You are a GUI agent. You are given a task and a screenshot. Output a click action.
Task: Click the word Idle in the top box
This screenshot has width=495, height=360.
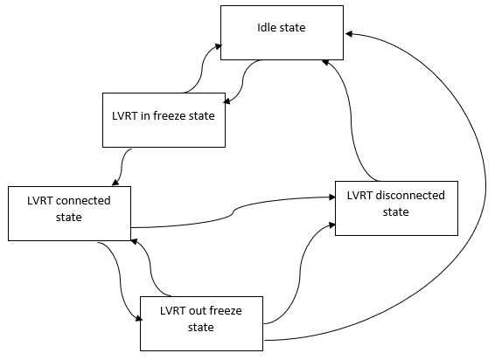click(268, 27)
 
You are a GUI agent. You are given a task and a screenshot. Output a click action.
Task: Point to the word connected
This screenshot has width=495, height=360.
click(84, 201)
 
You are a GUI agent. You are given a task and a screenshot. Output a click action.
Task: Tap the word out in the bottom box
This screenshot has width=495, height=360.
click(197, 311)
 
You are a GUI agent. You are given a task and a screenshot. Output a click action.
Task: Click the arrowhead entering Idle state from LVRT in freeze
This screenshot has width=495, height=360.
click(218, 46)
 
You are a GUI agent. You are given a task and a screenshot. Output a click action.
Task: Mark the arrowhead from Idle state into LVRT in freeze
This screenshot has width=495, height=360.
click(227, 101)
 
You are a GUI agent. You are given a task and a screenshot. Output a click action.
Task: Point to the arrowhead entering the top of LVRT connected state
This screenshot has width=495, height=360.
click(115, 182)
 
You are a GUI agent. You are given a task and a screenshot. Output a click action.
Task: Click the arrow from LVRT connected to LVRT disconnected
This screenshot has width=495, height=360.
click(233, 212)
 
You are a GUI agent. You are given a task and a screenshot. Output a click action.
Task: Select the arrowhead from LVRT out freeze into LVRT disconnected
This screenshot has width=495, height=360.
click(331, 225)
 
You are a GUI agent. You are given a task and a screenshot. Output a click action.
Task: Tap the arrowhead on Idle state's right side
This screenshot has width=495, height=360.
click(349, 34)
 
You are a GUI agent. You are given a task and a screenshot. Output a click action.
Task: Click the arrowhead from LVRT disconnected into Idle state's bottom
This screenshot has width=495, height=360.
click(326, 62)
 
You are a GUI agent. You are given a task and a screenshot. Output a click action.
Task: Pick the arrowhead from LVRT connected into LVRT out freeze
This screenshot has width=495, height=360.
click(138, 319)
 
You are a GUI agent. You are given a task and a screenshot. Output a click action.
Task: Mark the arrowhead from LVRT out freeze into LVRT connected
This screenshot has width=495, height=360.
click(134, 242)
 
